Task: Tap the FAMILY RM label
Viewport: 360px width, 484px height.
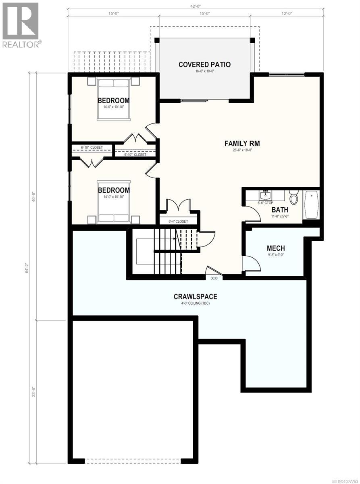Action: (242, 143)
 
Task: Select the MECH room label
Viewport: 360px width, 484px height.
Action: (276, 248)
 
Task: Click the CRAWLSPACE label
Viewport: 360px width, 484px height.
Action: (195, 296)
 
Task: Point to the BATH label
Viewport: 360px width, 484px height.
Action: (279, 210)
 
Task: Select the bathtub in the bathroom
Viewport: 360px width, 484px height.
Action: (311, 205)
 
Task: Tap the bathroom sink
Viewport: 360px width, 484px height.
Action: (265, 196)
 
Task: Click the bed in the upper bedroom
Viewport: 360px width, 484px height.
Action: (113, 99)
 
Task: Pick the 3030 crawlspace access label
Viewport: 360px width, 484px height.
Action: (214, 277)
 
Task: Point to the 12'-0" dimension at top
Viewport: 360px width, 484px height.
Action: (287, 14)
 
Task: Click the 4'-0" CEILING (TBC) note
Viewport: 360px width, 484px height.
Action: (195, 303)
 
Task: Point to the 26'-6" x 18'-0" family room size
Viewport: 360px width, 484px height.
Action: (242, 150)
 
